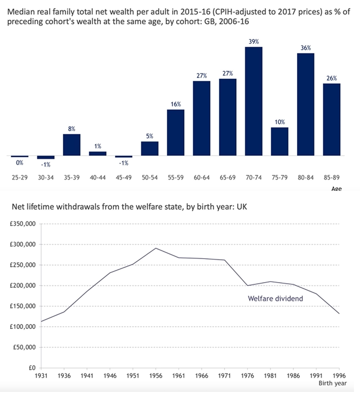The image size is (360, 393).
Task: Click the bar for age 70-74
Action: point(254,101)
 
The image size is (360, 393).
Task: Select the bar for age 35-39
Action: point(72,145)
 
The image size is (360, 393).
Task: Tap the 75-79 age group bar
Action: point(280,142)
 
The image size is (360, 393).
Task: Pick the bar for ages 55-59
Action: point(175,133)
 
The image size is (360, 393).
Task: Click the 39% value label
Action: point(254,42)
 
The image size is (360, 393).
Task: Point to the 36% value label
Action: point(306,48)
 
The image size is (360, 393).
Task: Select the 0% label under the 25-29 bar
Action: point(20,163)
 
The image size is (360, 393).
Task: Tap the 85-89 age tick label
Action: point(332,178)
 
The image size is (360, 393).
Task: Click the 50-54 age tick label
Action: point(150,178)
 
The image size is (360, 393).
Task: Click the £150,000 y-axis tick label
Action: point(23,306)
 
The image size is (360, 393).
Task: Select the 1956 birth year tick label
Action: point(156,376)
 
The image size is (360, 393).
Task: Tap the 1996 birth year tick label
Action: point(339,376)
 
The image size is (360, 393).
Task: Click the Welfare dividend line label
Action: point(275,299)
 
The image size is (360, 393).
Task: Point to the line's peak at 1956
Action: point(156,248)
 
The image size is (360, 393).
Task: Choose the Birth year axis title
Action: point(333,383)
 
